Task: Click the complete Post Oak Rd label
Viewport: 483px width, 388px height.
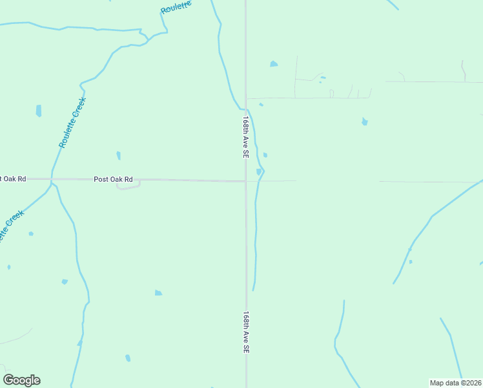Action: [x=113, y=179]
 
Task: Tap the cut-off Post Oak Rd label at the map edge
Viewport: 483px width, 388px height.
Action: [x=13, y=178]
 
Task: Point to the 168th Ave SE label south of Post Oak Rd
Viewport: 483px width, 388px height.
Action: [x=246, y=332]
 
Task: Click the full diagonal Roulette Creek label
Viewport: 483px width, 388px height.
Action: [x=72, y=122]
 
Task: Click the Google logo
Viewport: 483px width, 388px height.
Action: [x=21, y=380]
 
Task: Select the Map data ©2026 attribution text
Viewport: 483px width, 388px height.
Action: [x=456, y=383]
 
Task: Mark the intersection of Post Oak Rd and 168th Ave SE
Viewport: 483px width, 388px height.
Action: [x=245, y=181]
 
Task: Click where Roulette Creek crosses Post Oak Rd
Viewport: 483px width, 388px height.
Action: [x=50, y=179]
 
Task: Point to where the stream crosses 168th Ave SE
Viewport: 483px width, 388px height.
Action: [x=245, y=108]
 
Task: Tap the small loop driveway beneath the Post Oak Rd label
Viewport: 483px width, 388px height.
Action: [x=128, y=186]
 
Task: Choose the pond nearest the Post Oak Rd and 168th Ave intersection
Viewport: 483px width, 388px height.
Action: [x=259, y=171]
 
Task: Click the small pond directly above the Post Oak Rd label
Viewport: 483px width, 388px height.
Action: [x=118, y=155]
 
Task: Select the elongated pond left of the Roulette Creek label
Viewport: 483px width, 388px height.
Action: [x=39, y=111]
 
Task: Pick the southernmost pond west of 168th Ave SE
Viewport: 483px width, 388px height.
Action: [x=128, y=358]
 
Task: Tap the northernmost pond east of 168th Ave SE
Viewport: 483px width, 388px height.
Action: [x=274, y=64]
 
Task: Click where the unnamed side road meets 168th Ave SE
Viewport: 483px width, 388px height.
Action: [x=246, y=98]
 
